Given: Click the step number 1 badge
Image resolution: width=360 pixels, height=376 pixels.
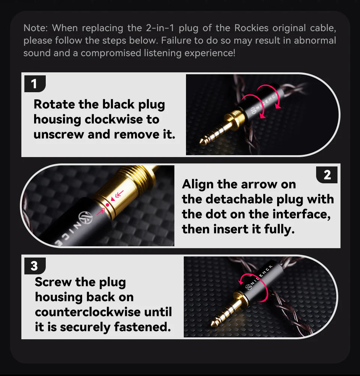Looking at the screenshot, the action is pyautogui.click(x=35, y=84).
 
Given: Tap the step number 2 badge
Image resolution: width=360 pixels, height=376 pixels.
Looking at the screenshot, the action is pyautogui.click(x=327, y=175).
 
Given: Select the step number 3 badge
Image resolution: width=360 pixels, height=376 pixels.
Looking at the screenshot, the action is pyautogui.click(x=35, y=266).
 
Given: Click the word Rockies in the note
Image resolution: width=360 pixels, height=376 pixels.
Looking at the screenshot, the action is pyautogui.click(x=251, y=28).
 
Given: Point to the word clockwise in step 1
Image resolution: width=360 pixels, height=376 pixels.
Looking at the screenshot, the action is pyautogui.click(x=122, y=120).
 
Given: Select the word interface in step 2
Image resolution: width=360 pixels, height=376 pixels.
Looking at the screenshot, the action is pyautogui.click(x=301, y=214).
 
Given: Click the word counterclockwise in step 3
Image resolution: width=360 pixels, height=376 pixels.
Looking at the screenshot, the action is pyautogui.click(x=87, y=312).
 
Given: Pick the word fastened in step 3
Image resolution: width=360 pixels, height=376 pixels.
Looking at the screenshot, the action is pyautogui.click(x=142, y=327).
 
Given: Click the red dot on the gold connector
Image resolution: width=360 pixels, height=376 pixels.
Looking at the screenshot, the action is pyautogui.click(x=108, y=205).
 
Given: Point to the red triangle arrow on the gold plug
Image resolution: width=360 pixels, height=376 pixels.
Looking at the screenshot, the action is pyautogui.click(x=113, y=199).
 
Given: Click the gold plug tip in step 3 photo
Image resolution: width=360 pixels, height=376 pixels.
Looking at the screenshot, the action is pyautogui.click(x=214, y=324).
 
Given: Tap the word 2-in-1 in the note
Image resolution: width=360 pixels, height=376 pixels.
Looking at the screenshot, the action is pyautogui.click(x=160, y=28).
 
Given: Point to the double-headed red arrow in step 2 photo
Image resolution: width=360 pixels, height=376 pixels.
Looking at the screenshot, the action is pyautogui.click(x=119, y=194).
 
